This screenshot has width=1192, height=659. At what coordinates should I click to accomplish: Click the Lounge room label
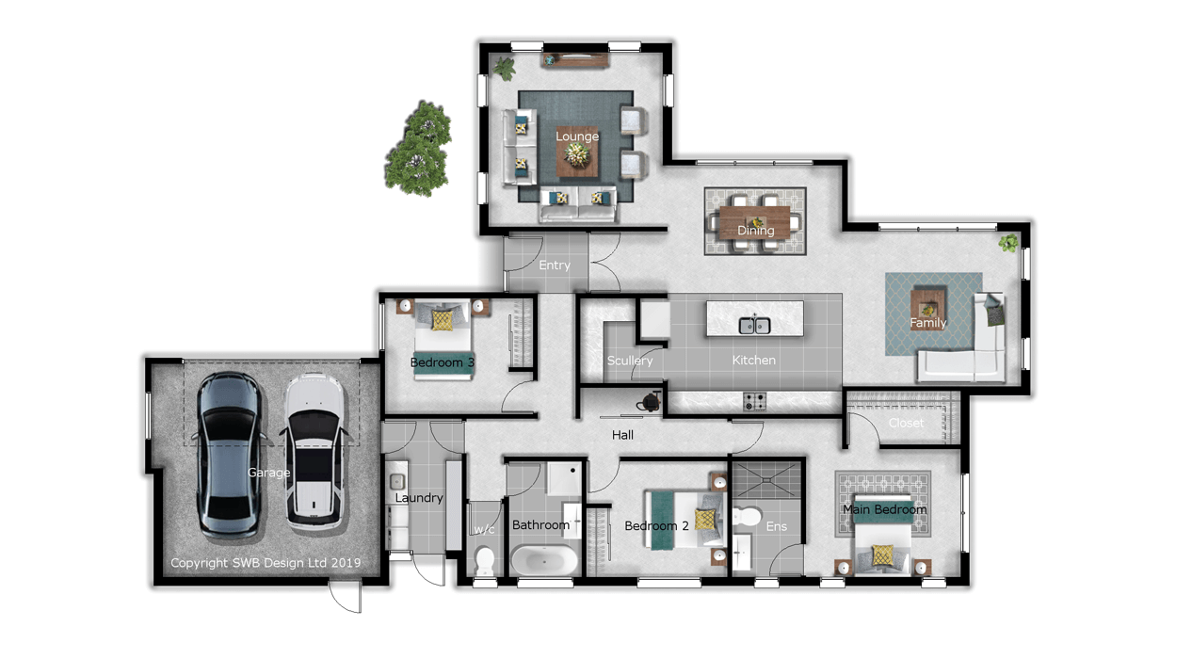click(x=577, y=137)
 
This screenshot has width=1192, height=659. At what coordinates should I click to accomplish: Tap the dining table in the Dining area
click(x=755, y=221)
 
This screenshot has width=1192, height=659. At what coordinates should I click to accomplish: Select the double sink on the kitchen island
click(x=754, y=325)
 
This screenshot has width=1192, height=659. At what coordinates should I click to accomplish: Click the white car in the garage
click(x=314, y=452)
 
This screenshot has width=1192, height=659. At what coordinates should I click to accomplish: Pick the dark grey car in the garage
click(x=229, y=455)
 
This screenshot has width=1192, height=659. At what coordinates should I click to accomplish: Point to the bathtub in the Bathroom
click(x=544, y=560)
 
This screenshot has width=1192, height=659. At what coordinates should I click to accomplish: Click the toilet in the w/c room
click(x=485, y=561)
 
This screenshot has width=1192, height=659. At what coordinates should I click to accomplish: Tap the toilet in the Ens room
click(x=748, y=516)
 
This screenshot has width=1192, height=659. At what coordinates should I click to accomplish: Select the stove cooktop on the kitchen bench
click(x=754, y=402)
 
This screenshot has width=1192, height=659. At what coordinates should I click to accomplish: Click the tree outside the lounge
click(x=419, y=148)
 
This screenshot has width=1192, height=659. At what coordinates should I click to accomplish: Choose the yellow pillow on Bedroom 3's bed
click(x=442, y=320)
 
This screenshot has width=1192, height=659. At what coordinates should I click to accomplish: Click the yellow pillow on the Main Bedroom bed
click(x=882, y=555)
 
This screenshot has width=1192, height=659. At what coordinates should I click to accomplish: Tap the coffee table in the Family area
click(x=928, y=309)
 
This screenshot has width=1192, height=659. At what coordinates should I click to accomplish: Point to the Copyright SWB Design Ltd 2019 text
click(x=266, y=563)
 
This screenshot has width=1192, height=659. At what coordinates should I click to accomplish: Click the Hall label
click(x=622, y=435)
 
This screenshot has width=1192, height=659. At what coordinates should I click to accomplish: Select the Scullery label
click(x=630, y=361)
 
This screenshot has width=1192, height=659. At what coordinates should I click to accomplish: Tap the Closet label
click(x=906, y=423)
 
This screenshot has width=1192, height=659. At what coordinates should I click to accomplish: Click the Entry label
click(x=554, y=265)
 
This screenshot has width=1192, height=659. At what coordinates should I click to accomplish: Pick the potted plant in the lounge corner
click(x=504, y=69)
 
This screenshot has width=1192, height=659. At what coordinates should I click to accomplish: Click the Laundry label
click(x=419, y=498)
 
